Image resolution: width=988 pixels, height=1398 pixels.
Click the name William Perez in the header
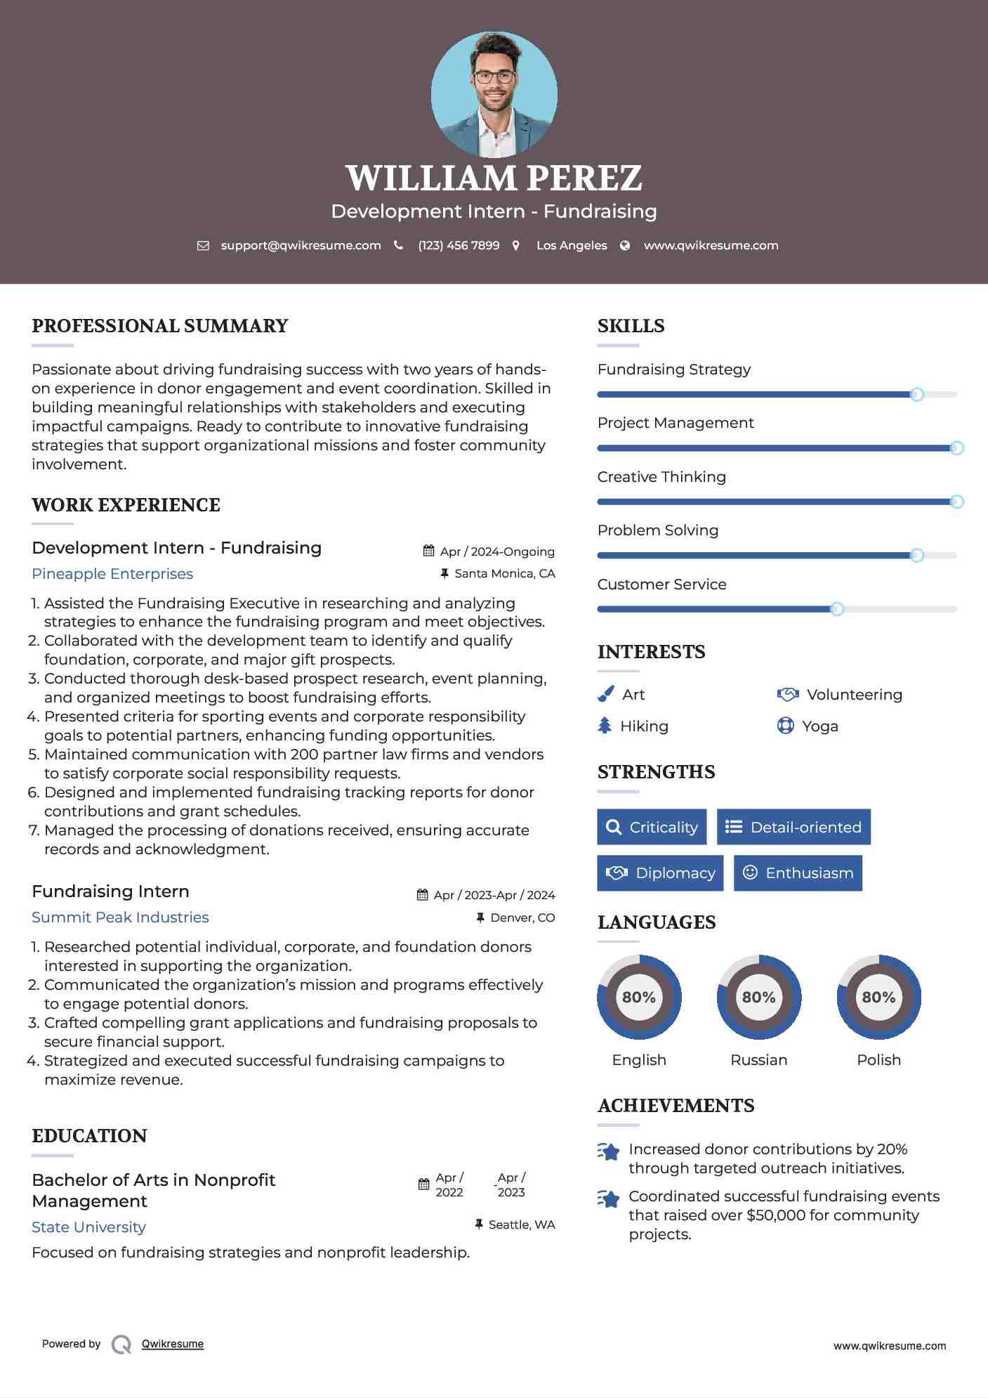494,178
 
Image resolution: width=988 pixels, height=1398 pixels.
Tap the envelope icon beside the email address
203,246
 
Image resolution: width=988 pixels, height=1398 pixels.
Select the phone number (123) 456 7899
459,246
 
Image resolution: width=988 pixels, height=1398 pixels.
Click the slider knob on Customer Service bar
836,609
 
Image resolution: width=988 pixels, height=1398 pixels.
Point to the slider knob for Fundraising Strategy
916,395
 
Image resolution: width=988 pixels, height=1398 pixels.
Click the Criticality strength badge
652,827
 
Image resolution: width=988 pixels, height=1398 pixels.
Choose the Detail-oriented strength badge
793,827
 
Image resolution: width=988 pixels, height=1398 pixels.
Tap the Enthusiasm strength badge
798,873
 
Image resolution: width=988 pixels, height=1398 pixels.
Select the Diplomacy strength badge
660,873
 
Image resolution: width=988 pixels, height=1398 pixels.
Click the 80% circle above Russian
758,997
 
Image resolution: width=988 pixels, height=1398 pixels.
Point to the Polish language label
878,1060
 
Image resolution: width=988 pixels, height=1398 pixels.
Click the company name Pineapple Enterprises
112,574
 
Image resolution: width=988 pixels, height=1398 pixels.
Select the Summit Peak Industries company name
120,917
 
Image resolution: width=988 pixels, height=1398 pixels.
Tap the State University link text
88,1227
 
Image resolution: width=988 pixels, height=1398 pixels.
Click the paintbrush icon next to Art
605,695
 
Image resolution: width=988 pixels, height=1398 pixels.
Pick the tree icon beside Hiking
605,726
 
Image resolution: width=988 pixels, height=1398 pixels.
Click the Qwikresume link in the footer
173,1344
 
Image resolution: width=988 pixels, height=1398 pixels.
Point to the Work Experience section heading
126,505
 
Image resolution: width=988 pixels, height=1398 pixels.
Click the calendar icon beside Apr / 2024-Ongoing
428,551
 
